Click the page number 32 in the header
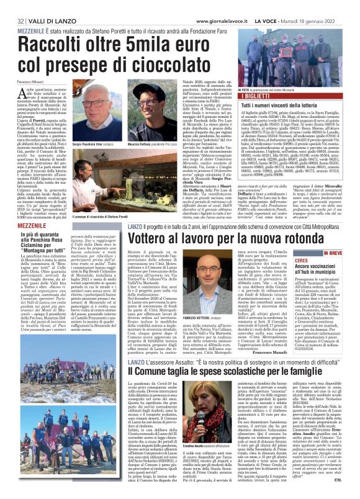(x=11, y=5)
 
